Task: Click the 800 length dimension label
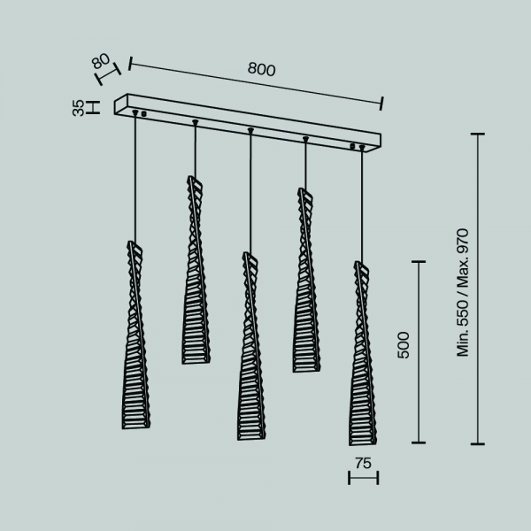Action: tap(261, 69)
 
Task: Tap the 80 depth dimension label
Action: tap(101, 61)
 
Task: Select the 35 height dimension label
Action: tap(78, 108)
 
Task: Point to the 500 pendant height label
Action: tap(404, 345)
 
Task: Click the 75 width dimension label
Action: tap(364, 463)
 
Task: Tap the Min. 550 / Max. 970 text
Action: tap(463, 293)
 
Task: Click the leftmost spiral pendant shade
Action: tap(135, 335)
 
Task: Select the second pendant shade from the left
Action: tap(196, 270)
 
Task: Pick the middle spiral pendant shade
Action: tap(251, 346)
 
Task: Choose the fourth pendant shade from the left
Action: tap(306, 280)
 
